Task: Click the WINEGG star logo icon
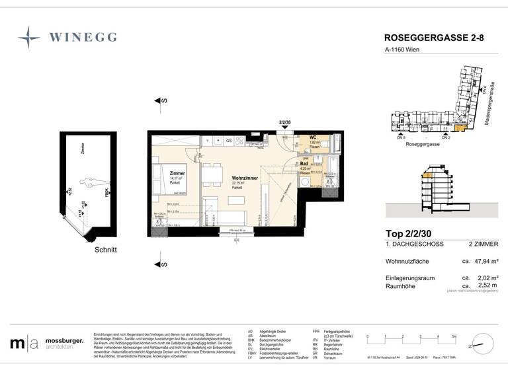pyautogui.click(x=29, y=37)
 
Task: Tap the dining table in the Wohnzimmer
pyautogui.click(x=212, y=174)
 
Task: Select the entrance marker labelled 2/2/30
pyautogui.click(x=285, y=122)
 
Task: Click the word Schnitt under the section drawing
pyautogui.click(x=105, y=250)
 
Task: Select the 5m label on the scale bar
pyautogui.click(x=453, y=337)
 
